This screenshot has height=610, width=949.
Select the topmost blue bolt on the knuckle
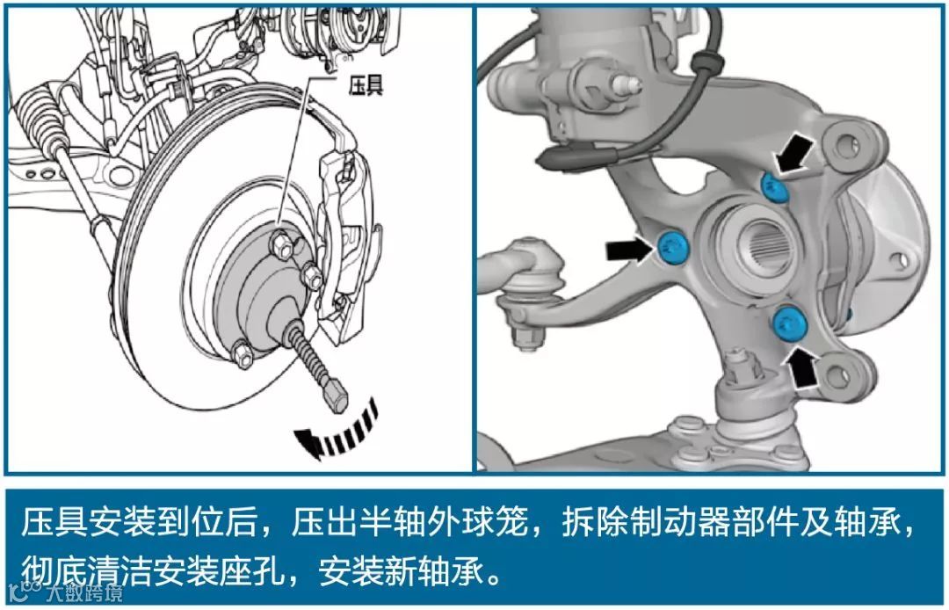click(773, 184)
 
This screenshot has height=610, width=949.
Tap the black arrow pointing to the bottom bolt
click(809, 366)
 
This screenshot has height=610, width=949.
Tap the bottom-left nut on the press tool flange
click(243, 354)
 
